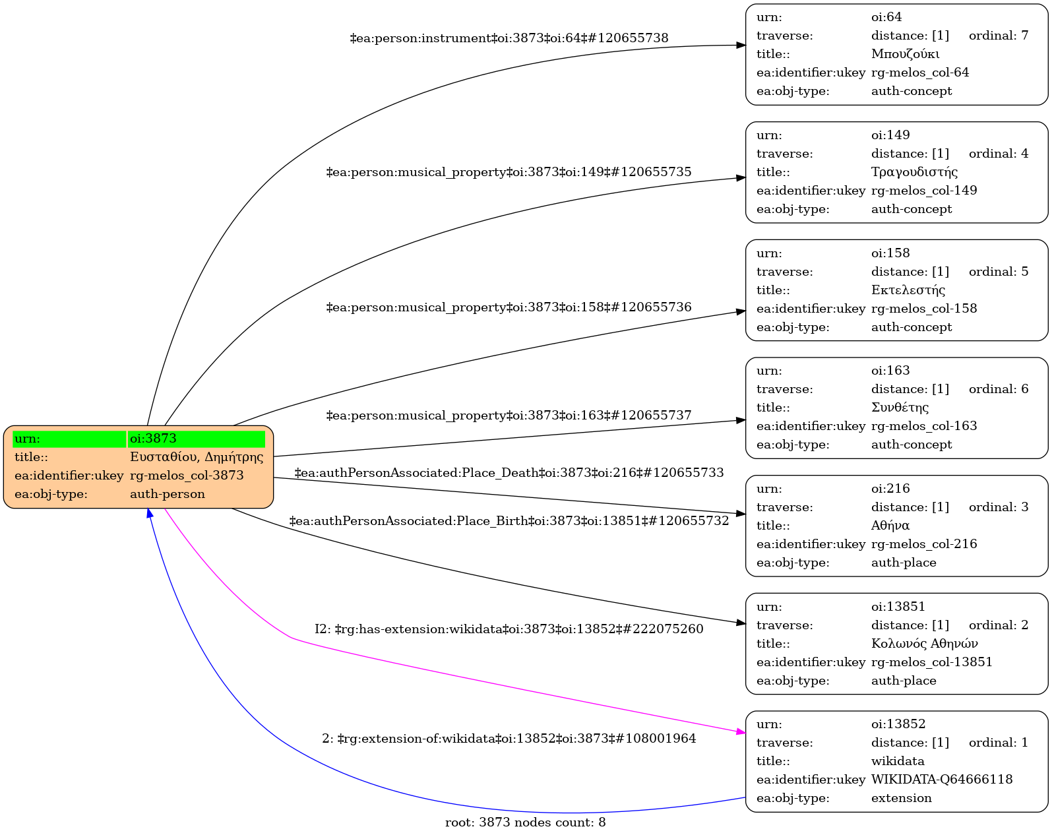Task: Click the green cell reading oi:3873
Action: pyautogui.click(x=196, y=439)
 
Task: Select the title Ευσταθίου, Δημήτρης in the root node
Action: pyautogui.click(x=196, y=457)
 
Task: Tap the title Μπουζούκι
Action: pyautogui.click(x=905, y=54)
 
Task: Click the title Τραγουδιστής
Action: pyautogui.click(x=914, y=172)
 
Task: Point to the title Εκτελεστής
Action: pyautogui.click(x=908, y=290)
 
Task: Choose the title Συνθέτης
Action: pyautogui.click(x=900, y=408)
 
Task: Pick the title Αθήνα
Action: pyautogui.click(x=890, y=526)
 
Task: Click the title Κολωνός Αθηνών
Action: pyautogui.click(x=924, y=644)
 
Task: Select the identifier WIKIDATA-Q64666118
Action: pyautogui.click(x=941, y=780)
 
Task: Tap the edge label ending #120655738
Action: pyautogui.click(x=509, y=38)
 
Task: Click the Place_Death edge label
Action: pyautogui.click(x=509, y=473)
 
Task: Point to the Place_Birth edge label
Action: pyautogui.click(x=509, y=521)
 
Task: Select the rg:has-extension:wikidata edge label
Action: pyautogui.click(x=509, y=629)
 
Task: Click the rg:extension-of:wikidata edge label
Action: pyautogui.click(x=509, y=739)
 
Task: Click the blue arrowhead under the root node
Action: pyautogui.click(x=150, y=513)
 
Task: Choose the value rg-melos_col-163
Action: pyautogui.click(x=923, y=426)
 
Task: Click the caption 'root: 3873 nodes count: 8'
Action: pyautogui.click(x=525, y=822)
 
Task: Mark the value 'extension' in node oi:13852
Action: pyautogui.click(x=901, y=798)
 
